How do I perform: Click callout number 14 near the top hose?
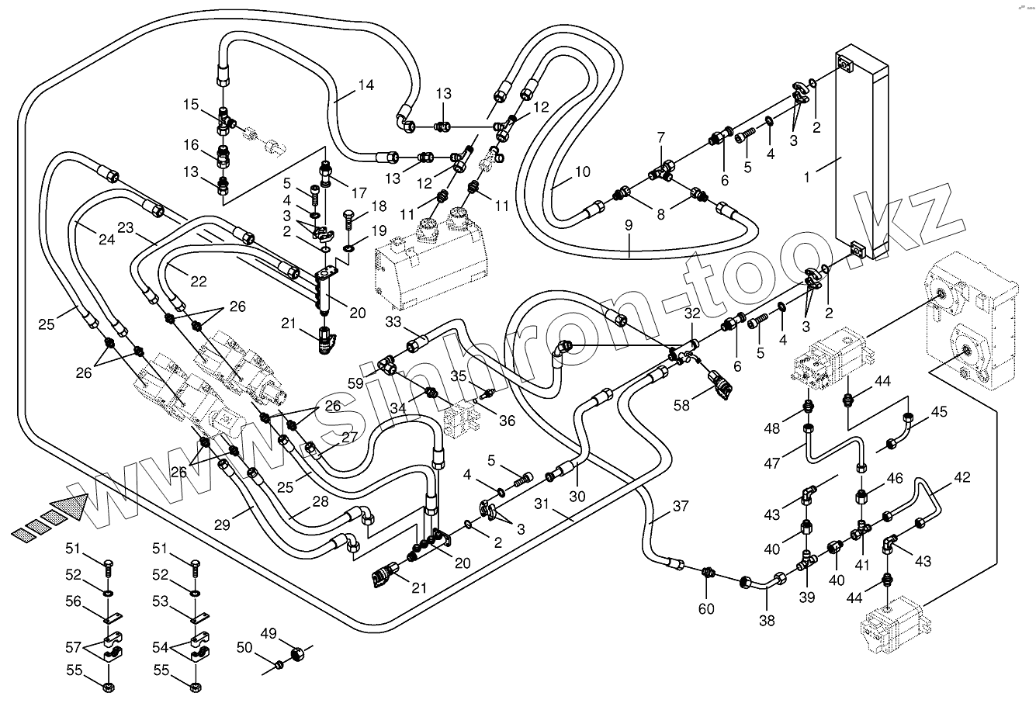pos(366,85)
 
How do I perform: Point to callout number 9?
pos(628,226)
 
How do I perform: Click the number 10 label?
pos(582,171)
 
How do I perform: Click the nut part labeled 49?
pos(296,656)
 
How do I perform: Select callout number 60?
pos(705,610)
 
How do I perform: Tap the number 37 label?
pos(680,507)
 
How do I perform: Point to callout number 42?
pos(962,477)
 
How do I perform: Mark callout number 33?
pos(395,321)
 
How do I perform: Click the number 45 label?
pos(938,412)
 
